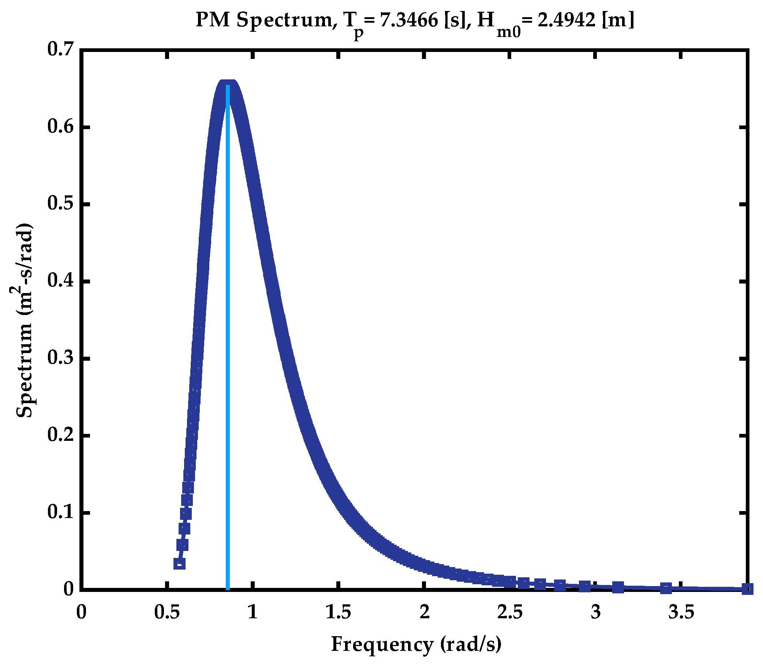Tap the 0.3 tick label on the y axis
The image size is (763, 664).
point(60,358)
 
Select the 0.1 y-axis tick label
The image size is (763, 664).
point(60,513)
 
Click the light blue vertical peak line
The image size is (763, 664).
point(228,334)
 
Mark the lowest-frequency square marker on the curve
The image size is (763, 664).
point(179,564)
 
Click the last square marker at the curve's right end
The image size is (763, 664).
point(747,589)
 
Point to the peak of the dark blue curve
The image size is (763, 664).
point(228,83)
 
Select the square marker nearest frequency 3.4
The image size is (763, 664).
point(666,588)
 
